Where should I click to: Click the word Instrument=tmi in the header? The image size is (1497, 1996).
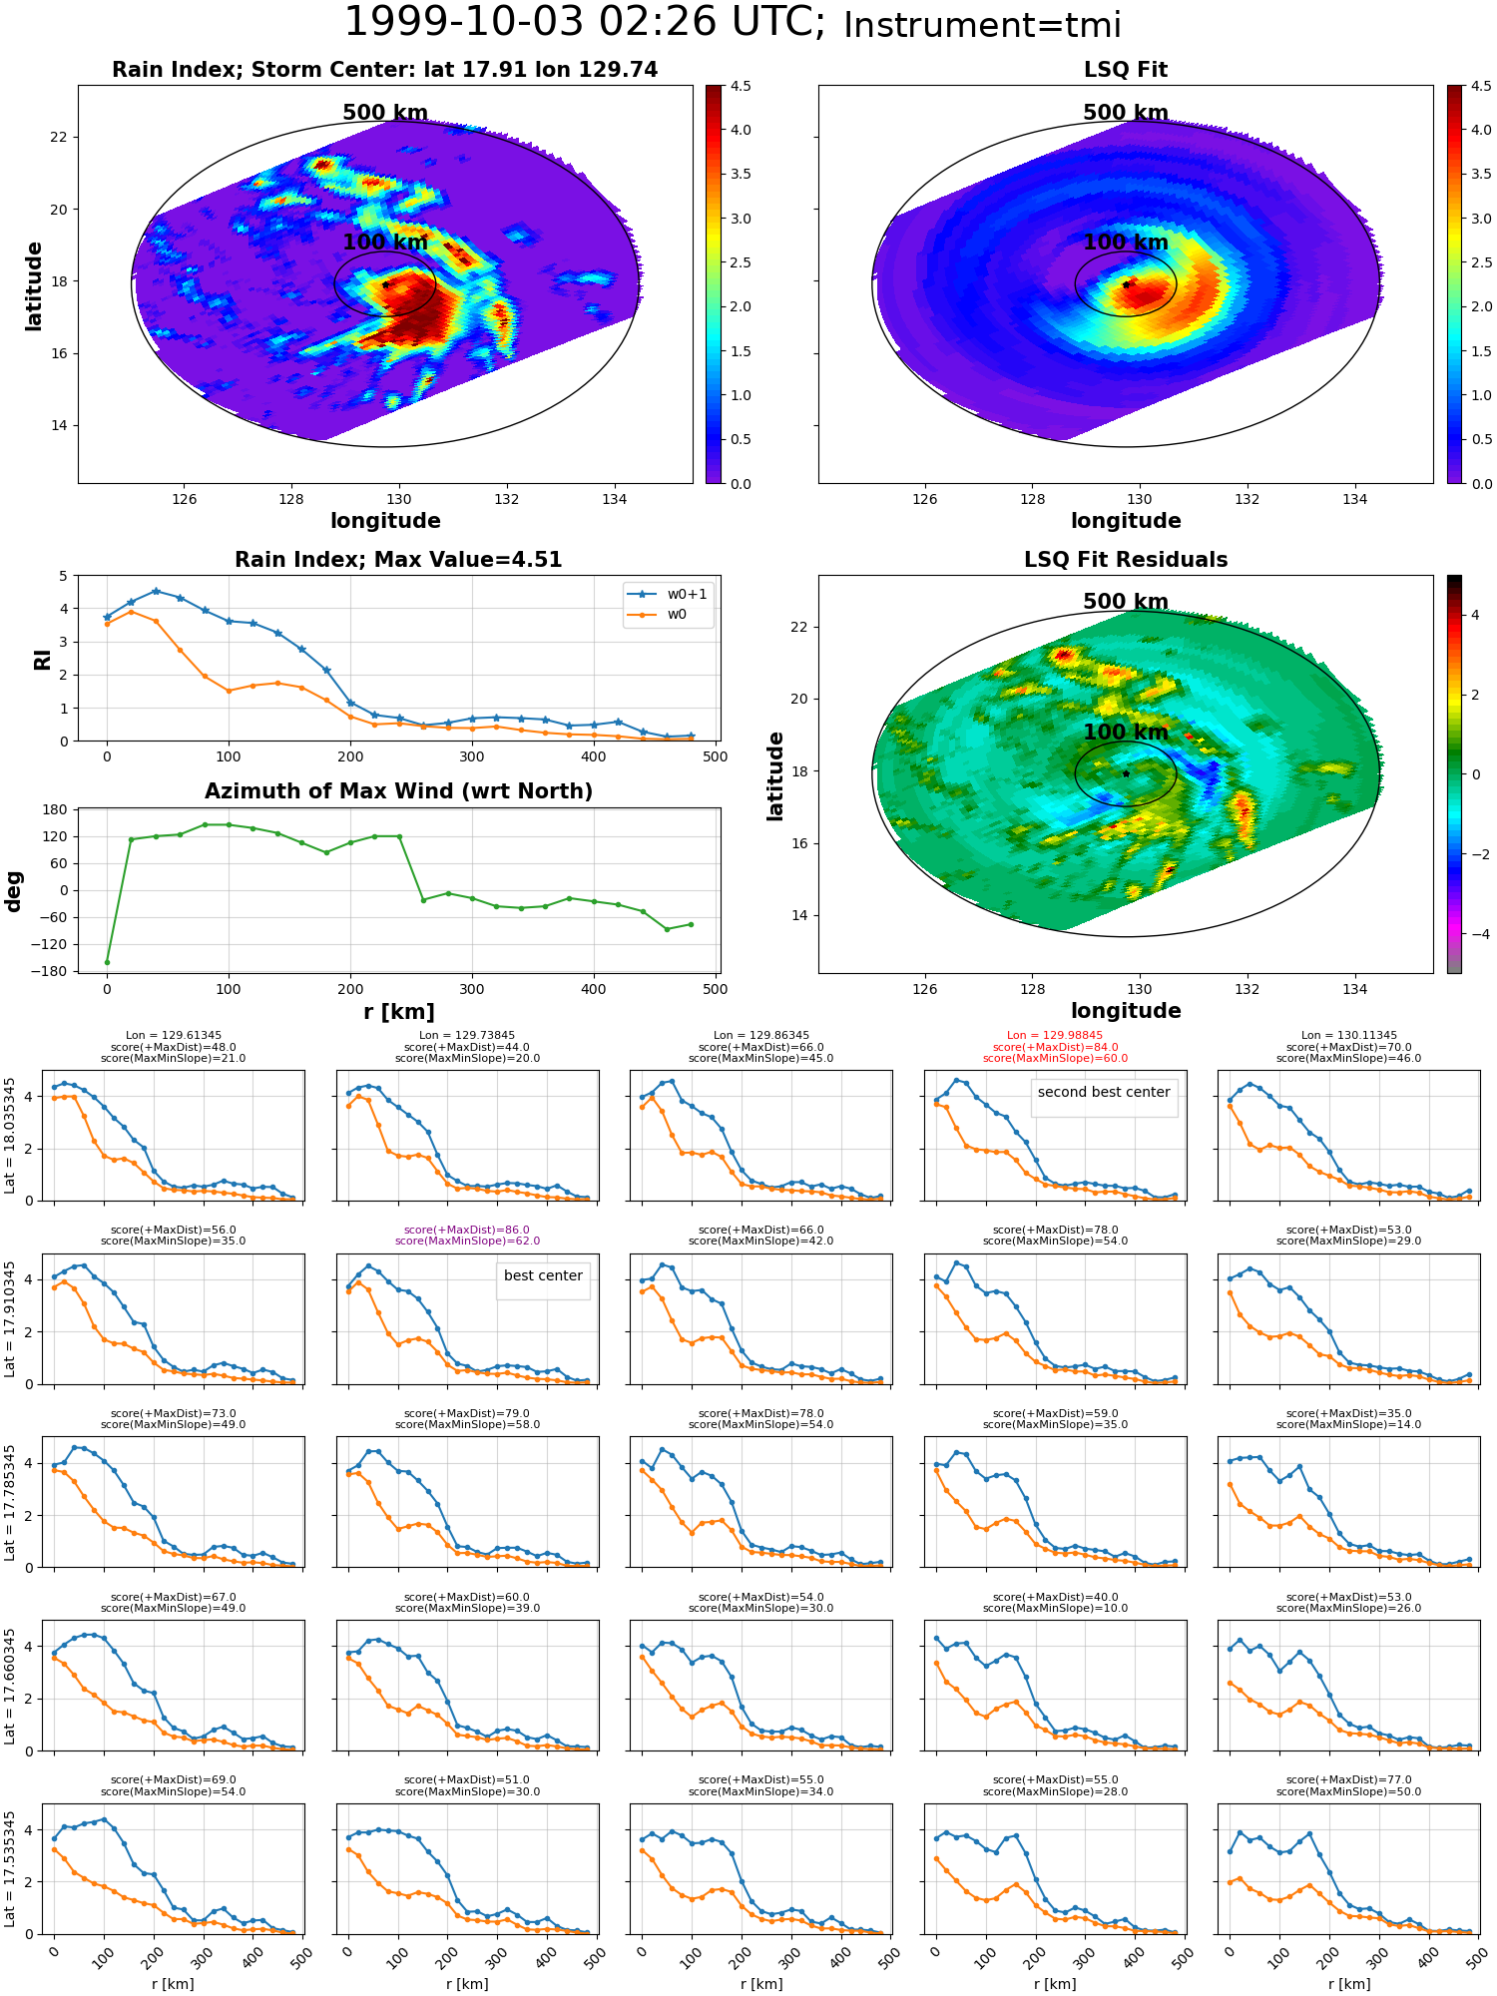click(x=982, y=25)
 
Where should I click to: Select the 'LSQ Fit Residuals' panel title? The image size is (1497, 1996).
click(x=1125, y=560)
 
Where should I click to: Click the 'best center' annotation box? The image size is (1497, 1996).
click(x=543, y=1275)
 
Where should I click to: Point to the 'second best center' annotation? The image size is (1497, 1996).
click(x=1103, y=1092)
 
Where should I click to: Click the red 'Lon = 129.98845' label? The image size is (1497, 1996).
click(x=1055, y=1036)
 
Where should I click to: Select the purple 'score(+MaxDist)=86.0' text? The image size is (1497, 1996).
click(x=467, y=1230)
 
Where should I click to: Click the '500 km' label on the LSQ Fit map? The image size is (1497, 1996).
click(x=1125, y=113)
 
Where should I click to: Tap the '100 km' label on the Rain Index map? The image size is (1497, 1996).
click(x=384, y=243)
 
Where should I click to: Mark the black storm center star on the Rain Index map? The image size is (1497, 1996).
click(x=385, y=284)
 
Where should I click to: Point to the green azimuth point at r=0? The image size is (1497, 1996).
click(x=107, y=962)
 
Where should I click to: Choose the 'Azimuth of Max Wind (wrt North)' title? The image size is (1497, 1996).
click(x=398, y=791)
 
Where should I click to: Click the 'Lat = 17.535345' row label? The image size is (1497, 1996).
click(x=10, y=1869)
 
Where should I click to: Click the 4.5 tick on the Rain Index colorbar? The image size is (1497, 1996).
click(x=740, y=86)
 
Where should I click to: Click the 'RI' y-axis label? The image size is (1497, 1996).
click(x=42, y=660)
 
